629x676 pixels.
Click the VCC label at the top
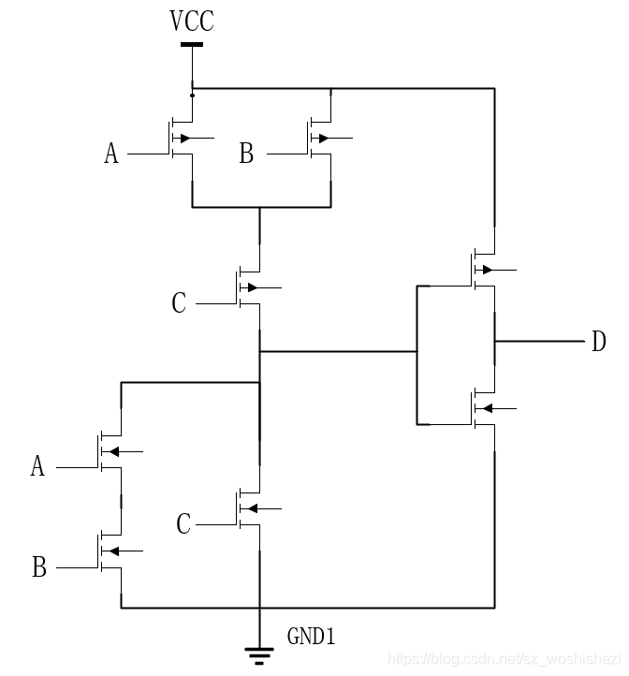(x=192, y=22)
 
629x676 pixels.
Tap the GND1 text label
(x=310, y=638)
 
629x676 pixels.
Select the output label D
(x=599, y=342)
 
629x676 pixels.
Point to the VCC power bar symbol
(x=192, y=44)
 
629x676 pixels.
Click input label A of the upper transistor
(x=111, y=154)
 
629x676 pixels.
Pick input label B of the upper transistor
(x=246, y=154)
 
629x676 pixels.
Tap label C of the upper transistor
(x=179, y=303)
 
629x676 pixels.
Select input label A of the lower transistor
(x=37, y=466)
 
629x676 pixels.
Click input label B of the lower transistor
(x=39, y=567)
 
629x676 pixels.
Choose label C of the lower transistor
(x=183, y=524)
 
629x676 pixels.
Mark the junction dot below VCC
(x=192, y=95)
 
